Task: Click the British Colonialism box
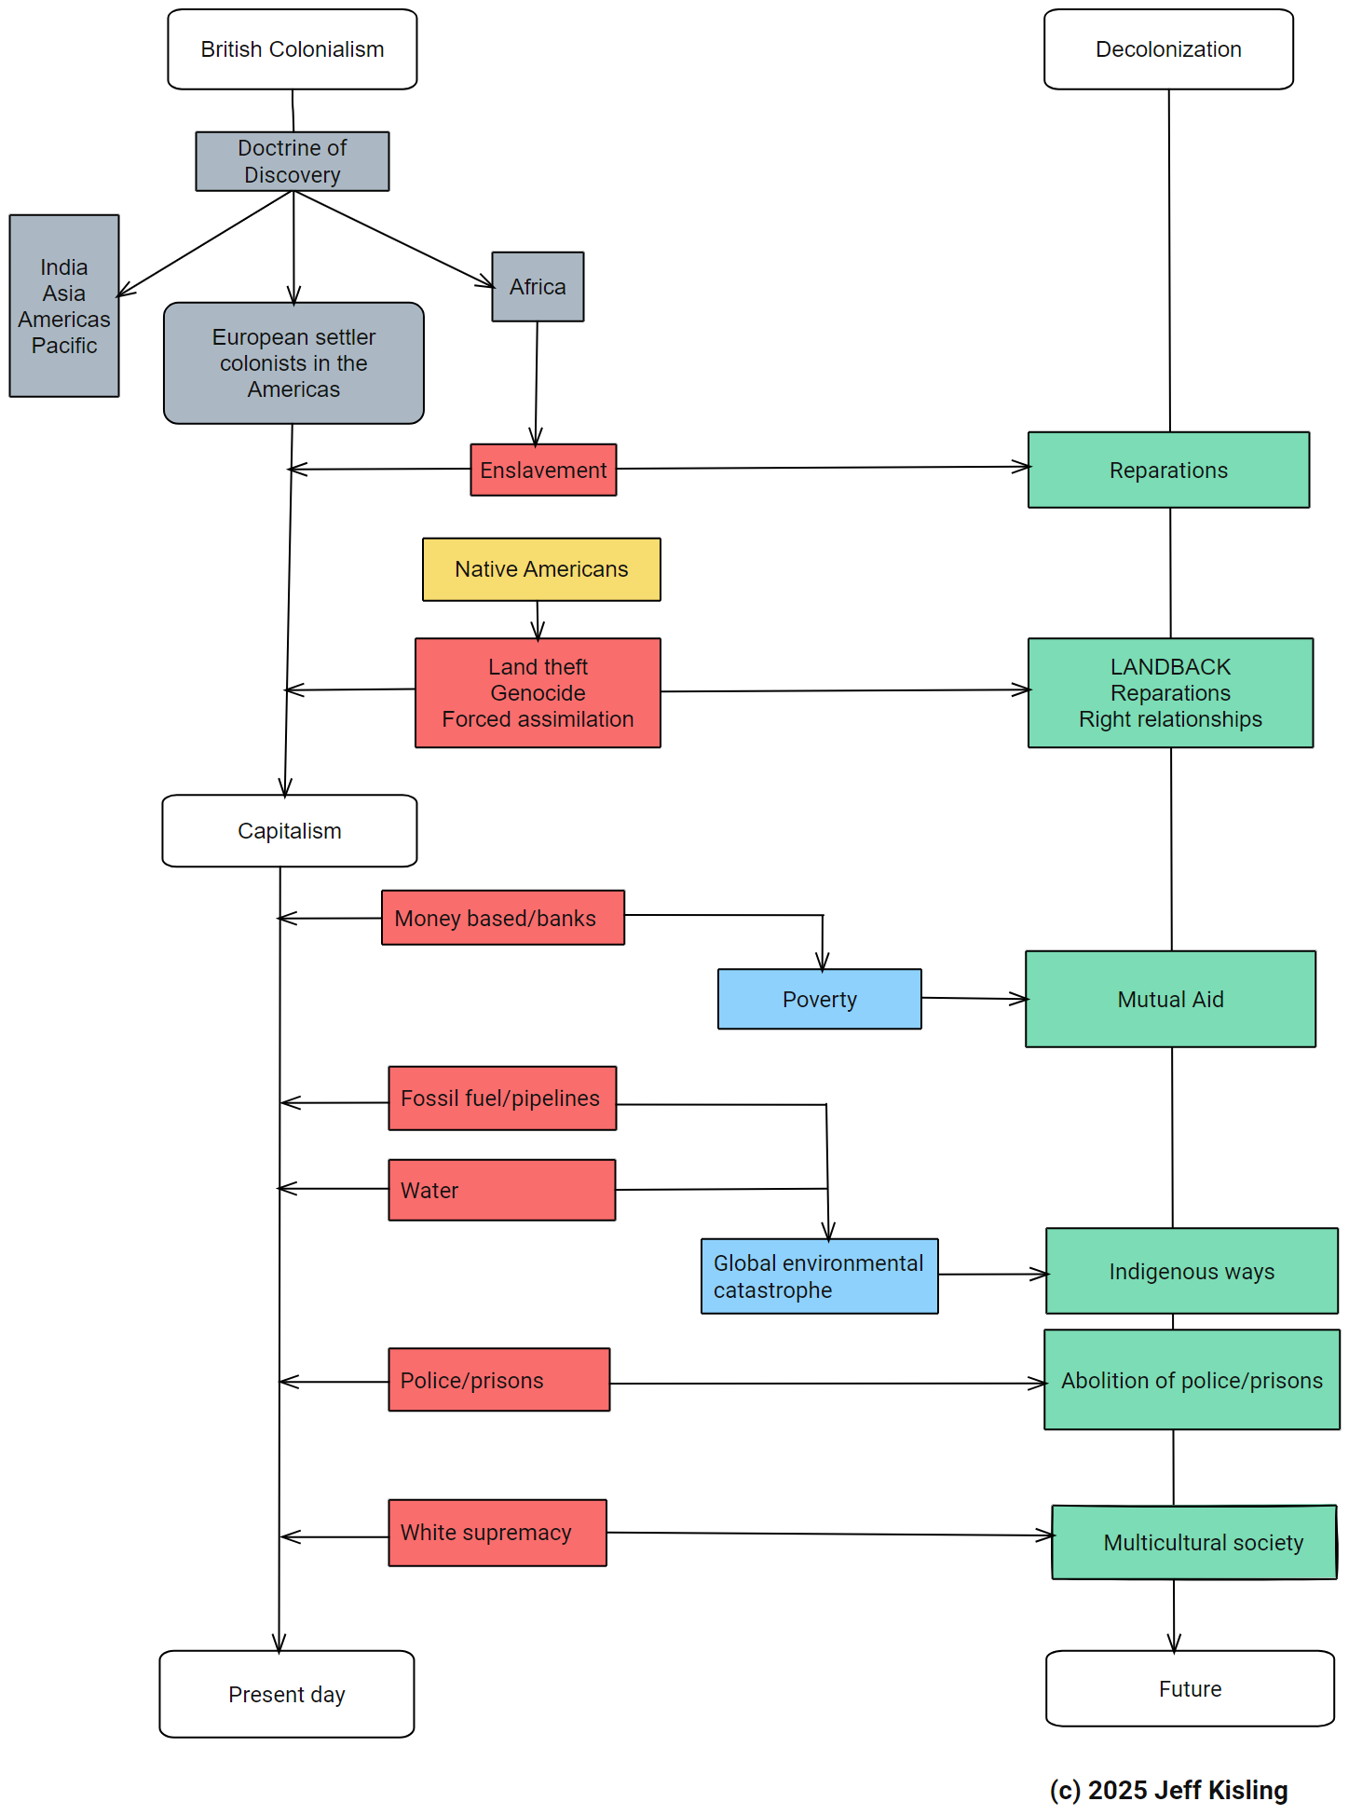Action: [292, 49]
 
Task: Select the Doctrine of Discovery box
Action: [292, 161]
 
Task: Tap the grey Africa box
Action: [538, 287]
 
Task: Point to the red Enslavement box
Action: [543, 471]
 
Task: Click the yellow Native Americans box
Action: [541, 569]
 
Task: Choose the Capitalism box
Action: [289, 831]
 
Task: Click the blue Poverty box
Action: [819, 1000]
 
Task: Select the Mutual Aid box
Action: [1170, 1000]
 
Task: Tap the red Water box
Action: [501, 1190]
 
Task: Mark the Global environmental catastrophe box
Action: [819, 1276]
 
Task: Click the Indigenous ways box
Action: [1192, 1272]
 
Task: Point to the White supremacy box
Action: [497, 1533]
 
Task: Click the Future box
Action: [1190, 1689]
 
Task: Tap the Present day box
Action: [287, 1695]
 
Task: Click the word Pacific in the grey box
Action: [64, 346]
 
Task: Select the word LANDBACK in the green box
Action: [1170, 667]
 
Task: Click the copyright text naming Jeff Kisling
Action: [1168, 1790]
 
